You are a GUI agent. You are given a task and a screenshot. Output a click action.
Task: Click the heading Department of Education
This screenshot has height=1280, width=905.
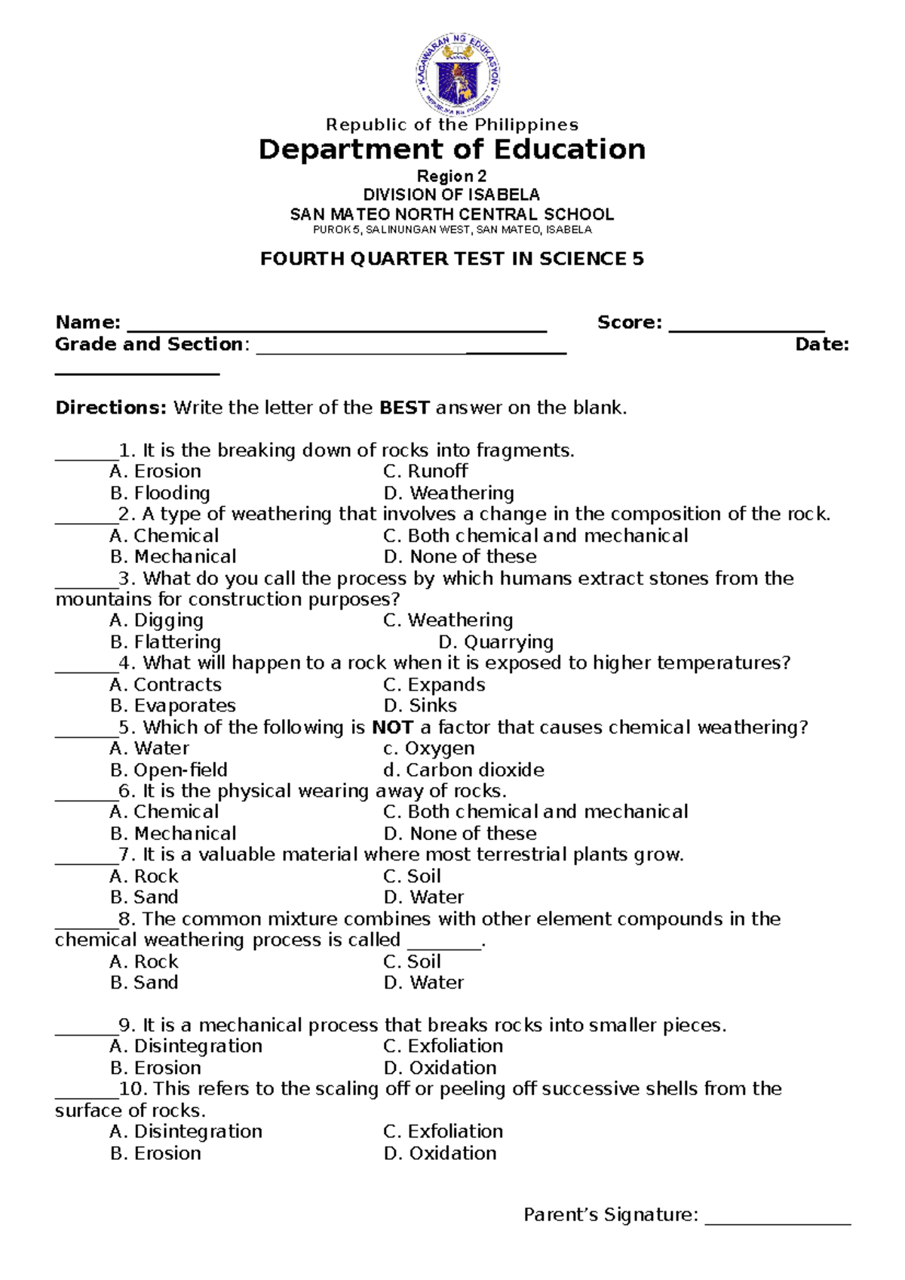pyautogui.click(x=452, y=149)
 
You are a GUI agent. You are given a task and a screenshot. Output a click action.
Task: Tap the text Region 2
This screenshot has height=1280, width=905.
pyautogui.click(x=452, y=177)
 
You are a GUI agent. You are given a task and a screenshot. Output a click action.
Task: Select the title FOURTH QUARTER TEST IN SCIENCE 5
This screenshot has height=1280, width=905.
pyautogui.click(x=452, y=259)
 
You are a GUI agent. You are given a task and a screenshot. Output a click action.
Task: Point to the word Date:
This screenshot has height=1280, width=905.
pyautogui.click(x=822, y=345)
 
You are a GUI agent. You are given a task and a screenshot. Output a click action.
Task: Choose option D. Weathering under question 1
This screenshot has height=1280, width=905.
pyautogui.click(x=449, y=493)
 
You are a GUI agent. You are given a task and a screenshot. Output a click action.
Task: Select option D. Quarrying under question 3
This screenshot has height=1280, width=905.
pyautogui.click(x=495, y=642)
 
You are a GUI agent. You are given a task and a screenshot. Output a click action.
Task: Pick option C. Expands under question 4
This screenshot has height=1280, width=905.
pyautogui.click(x=434, y=685)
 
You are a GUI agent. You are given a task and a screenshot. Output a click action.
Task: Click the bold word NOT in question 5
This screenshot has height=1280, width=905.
pyautogui.click(x=392, y=728)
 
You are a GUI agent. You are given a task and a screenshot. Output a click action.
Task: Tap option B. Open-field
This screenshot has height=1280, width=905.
pyautogui.click(x=169, y=770)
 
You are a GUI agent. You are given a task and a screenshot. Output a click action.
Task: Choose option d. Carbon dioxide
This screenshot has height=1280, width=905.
pyautogui.click(x=464, y=770)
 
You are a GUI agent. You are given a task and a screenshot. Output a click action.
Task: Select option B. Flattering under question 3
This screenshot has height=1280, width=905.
pyautogui.click(x=166, y=642)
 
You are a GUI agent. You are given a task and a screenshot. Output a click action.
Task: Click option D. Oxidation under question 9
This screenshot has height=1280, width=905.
pyautogui.click(x=440, y=1068)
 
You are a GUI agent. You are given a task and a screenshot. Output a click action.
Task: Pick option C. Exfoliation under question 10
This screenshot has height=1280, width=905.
pyautogui.click(x=443, y=1131)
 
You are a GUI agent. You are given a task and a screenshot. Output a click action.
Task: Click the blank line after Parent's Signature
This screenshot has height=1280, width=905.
pyautogui.click(x=778, y=1221)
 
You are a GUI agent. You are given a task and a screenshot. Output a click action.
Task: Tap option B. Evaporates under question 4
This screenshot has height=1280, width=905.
pyautogui.click(x=173, y=706)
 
